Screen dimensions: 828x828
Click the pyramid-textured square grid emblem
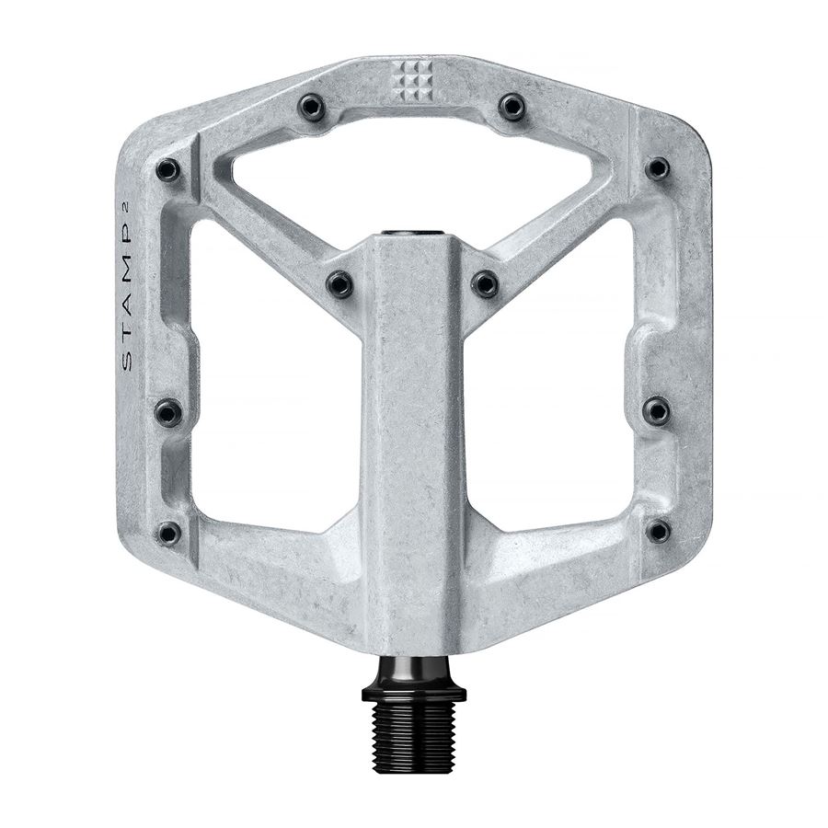tap(412, 81)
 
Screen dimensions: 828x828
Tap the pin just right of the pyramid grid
tap(512, 107)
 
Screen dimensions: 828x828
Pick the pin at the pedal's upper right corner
tap(657, 168)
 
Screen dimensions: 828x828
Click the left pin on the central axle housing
tap(340, 284)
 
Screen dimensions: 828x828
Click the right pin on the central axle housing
tap(485, 283)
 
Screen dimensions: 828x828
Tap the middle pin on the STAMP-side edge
tap(167, 412)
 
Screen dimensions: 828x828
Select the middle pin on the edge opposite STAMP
tap(656, 410)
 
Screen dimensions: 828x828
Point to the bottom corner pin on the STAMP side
tap(168, 533)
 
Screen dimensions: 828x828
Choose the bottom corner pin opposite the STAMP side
tap(659, 531)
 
